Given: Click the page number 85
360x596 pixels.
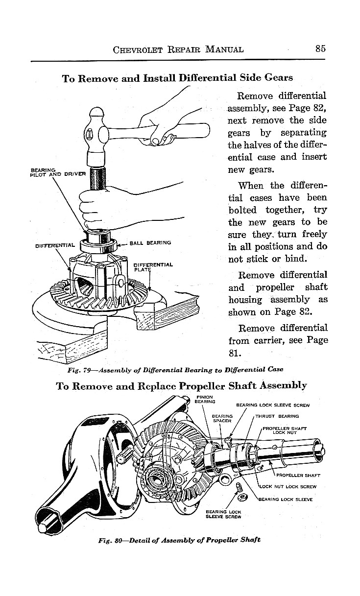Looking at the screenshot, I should [x=321, y=48].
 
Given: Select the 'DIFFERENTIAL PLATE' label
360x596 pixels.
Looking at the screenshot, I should [x=153, y=267].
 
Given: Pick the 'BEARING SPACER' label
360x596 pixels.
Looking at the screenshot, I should [x=222, y=419].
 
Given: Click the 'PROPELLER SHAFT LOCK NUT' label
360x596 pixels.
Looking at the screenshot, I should [x=285, y=430].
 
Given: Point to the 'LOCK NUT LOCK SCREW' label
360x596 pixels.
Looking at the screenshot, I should [x=288, y=487].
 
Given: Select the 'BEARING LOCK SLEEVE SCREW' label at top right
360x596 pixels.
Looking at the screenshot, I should [x=273, y=405].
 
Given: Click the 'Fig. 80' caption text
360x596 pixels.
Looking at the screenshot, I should [x=108, y=540].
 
